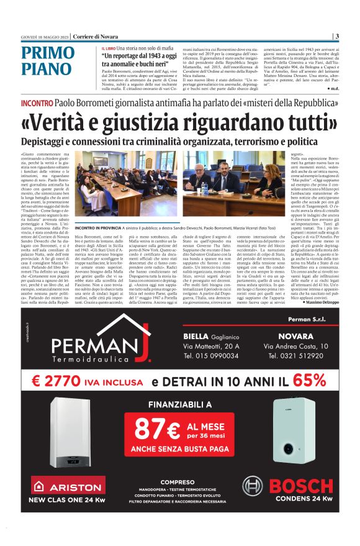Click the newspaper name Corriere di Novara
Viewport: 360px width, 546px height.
(x=97, y=36)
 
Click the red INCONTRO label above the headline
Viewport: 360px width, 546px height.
(x=37, y=102)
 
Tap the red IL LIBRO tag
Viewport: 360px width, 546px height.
(x=108, y=48)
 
